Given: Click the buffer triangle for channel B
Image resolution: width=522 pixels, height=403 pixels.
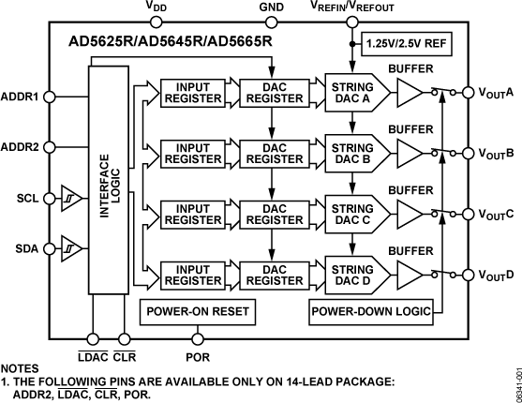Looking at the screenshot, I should tap(410, 153).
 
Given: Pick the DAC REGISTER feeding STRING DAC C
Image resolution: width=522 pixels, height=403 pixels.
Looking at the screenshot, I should tap(271, 214).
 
